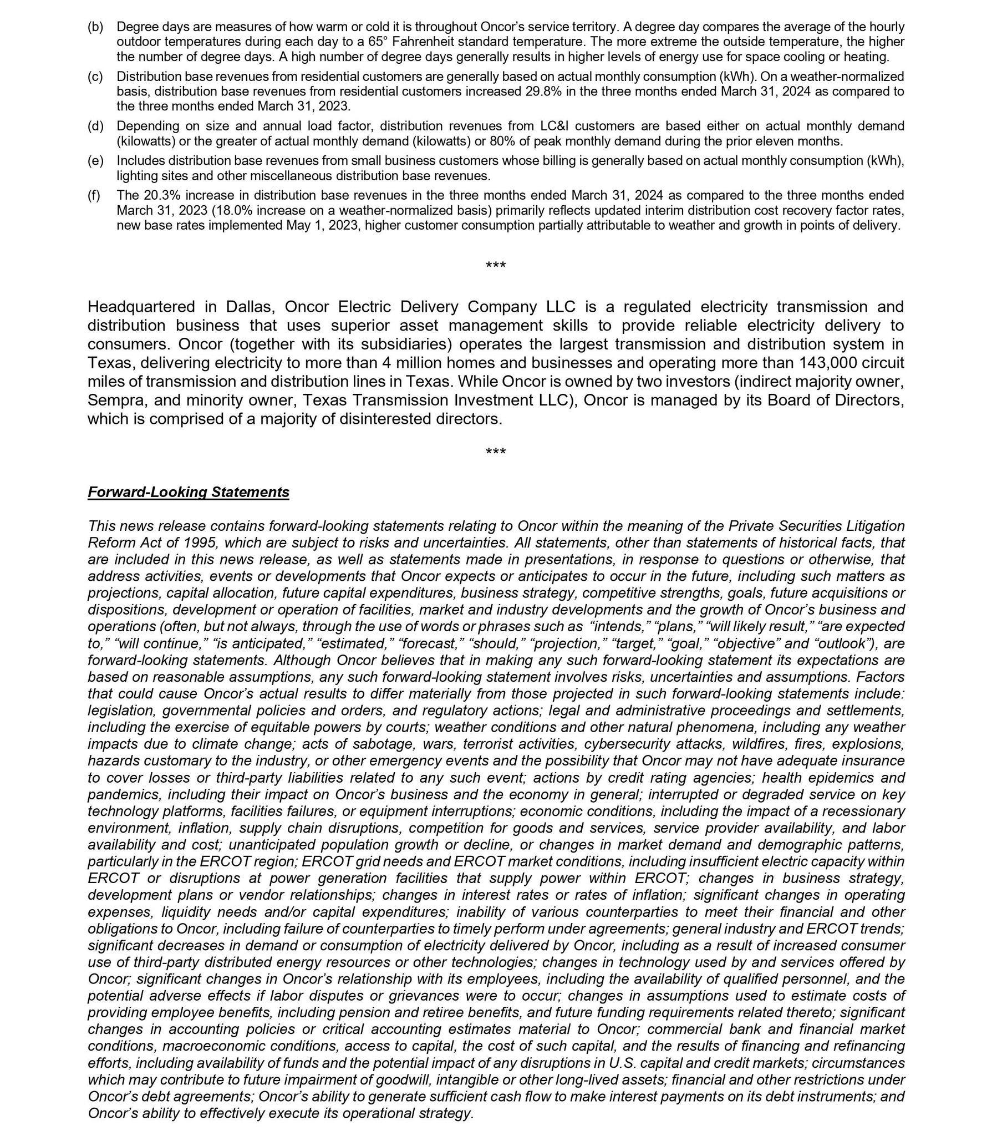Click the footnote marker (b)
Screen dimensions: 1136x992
pyautogui.click(x=95, y=27)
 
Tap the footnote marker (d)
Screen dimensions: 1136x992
pyautogui.click(x=95, y=126)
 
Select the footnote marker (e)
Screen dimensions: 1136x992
pyautogui.click(x=95, y=161)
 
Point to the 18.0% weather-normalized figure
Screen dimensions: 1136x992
pyautogui.click(x=230, y=210)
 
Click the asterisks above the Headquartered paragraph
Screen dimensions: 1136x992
pyautogui.click(x=495, y=266)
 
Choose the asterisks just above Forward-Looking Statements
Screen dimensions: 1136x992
pyautogui.click(x=495, y=453)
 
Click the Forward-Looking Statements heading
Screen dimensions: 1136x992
pyautogui.click(x=188, y=492)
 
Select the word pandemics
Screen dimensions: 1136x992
pyautogui.click(x=123, y=794)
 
